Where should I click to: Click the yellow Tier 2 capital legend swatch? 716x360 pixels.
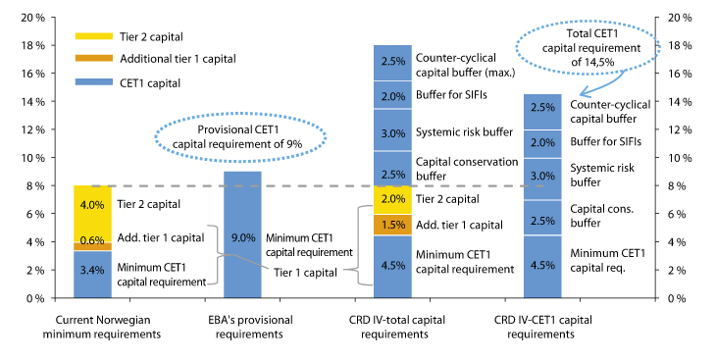(86, 36)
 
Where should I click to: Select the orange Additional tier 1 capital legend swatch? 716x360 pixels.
(86, 58)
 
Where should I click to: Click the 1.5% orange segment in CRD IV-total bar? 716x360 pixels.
(391, 225)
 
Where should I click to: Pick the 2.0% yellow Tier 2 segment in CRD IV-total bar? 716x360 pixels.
(391, 199)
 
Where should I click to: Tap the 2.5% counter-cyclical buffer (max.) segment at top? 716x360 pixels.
(391, 62)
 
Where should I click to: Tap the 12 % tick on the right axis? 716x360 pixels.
(680, 129)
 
